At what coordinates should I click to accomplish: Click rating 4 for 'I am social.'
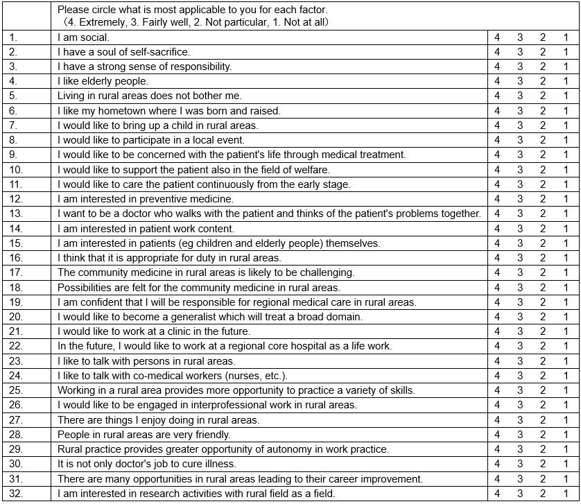click(497, 37)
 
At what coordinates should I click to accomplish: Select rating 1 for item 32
click(566, 494)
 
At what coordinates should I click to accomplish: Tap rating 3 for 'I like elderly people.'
click(520, 81)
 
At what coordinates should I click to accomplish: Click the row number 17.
click(16, 272)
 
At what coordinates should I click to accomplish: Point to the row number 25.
click(16, 390)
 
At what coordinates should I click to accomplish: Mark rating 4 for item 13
click(497, 214)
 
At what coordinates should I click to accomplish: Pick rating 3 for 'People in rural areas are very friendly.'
click(520, 435)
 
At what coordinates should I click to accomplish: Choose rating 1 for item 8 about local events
click(566, 140)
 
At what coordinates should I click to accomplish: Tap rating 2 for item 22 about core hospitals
click(543, 346)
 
